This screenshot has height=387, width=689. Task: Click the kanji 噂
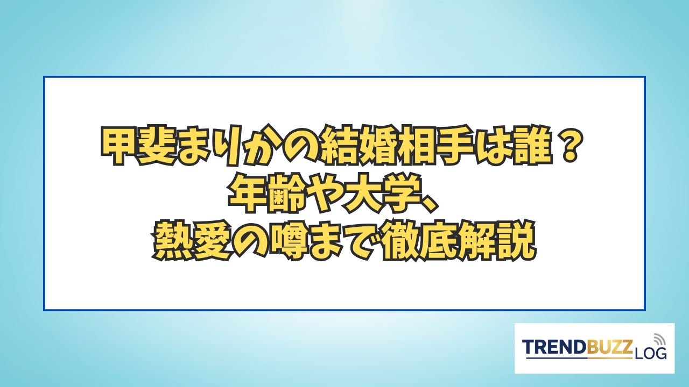coord(287,242)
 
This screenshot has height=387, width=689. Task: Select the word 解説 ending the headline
coord(496,242)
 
